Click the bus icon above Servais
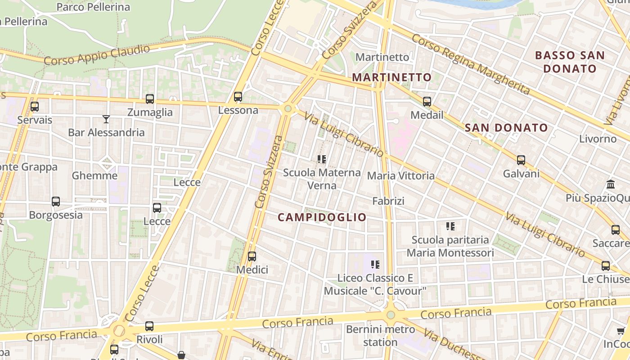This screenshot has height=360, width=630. tap(34, 107)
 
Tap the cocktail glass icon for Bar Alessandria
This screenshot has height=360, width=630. tap(106, 119)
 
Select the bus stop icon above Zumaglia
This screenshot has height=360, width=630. tap(150, 99)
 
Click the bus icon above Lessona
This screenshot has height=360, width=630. tap(238, 97)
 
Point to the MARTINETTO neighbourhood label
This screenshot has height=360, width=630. tap(391, 77)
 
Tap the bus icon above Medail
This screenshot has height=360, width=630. tap(427, 102)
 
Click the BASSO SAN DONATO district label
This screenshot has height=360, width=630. tap(570, 62)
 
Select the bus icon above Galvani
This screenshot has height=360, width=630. tap(521, 160)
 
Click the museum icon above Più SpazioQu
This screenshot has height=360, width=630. tap(611, 184)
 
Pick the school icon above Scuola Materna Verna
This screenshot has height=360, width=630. tap(322, 159)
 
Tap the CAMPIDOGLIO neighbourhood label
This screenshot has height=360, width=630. tap(322, 217)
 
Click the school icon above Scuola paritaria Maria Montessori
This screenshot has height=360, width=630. tap(450, 226)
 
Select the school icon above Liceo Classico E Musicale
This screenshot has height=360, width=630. tap(375, 265)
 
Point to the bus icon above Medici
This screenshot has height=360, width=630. tap(252, 256)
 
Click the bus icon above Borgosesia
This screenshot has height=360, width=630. tap(56, 202)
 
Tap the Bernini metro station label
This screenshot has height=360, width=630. tap(381, 336)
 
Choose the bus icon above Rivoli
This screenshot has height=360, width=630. tap(149, 326)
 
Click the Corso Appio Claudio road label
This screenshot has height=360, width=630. tap(97, 55)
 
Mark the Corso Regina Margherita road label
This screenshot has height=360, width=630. tap(471, 64)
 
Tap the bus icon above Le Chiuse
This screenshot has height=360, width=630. tap(606, 266)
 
